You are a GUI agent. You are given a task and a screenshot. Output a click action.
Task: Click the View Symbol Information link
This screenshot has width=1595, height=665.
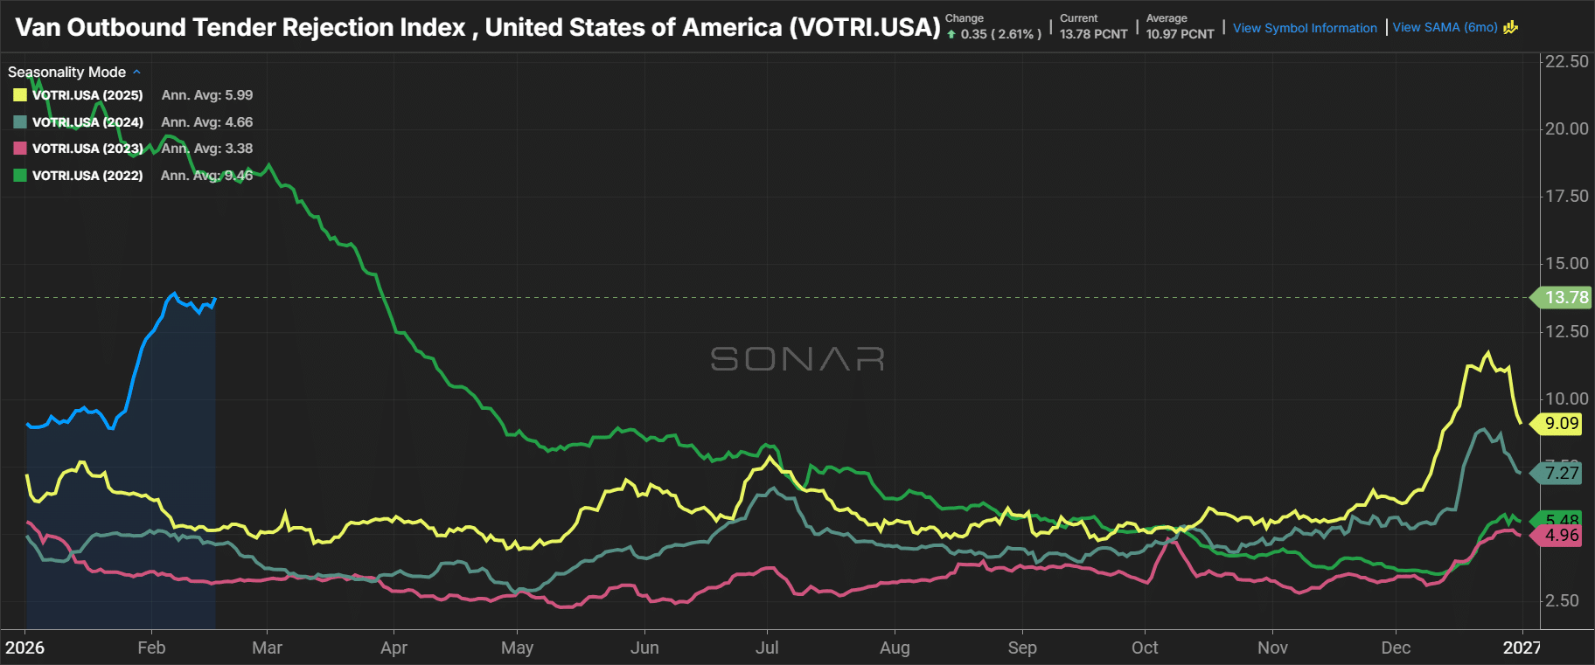[1305, 28]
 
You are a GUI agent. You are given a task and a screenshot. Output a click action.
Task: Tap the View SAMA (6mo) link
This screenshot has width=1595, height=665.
[1445, 27]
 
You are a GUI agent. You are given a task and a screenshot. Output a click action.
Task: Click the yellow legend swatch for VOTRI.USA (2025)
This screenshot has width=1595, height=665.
[20, 95]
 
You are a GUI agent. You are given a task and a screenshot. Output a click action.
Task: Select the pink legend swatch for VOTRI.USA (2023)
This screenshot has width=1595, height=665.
[20, 149]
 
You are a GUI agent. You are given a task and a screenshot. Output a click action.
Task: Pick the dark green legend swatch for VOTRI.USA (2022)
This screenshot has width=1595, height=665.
[20, 176]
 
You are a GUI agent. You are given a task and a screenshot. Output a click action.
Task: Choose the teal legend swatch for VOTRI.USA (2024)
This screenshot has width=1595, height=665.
[20, 122]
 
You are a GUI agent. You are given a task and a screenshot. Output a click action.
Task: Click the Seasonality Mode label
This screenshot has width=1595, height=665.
[67, 72]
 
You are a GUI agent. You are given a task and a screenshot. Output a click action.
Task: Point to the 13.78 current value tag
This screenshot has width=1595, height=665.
[1565, 297]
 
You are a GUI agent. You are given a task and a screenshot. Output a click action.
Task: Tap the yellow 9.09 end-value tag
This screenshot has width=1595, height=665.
[1561, 424]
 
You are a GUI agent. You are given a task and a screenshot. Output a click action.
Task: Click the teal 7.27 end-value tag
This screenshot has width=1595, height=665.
[1561, 473]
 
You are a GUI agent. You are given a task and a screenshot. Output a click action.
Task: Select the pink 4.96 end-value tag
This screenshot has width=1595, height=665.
[1561, 535]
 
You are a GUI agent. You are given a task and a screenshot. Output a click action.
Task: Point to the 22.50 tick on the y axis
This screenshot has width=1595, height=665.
[1566, 61]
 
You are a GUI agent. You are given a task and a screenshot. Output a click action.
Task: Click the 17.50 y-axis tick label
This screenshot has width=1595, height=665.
[1566, 196]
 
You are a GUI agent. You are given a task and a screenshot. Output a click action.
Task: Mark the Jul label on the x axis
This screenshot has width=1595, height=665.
[767, 648]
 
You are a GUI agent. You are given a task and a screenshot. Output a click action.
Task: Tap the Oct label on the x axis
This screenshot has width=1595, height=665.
[1145, 648]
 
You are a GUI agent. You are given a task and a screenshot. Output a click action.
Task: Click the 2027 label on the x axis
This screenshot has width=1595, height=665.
[1522, 648]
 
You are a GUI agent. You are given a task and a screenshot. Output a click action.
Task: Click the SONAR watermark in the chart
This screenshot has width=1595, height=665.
[797, 358]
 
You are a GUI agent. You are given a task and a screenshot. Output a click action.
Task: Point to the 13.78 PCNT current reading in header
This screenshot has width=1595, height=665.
[1093, 34]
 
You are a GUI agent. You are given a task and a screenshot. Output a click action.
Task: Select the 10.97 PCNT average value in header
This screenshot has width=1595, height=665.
[1180, 34]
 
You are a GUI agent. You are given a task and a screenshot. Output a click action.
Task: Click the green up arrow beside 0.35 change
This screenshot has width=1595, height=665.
[951, 35]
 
